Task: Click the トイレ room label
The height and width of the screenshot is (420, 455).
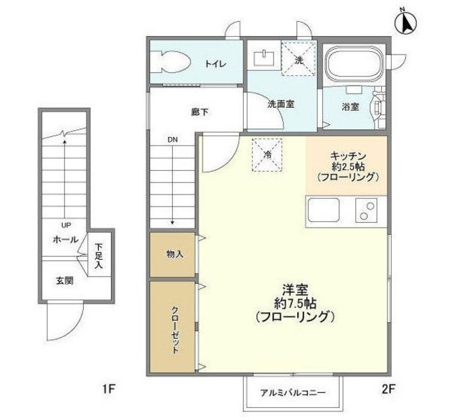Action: click(216, 64)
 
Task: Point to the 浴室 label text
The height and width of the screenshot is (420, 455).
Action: click(350, 106)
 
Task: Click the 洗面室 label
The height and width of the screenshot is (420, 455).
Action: click(281, 104)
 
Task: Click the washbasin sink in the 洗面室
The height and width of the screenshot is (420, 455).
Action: click(264, 57)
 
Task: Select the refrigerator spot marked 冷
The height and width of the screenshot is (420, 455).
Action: click(268, 154)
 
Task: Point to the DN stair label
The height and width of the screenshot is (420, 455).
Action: click(173, 140)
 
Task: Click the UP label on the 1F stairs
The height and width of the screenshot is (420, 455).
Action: click(65, 225)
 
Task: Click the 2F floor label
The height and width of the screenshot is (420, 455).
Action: click(387, 388)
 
